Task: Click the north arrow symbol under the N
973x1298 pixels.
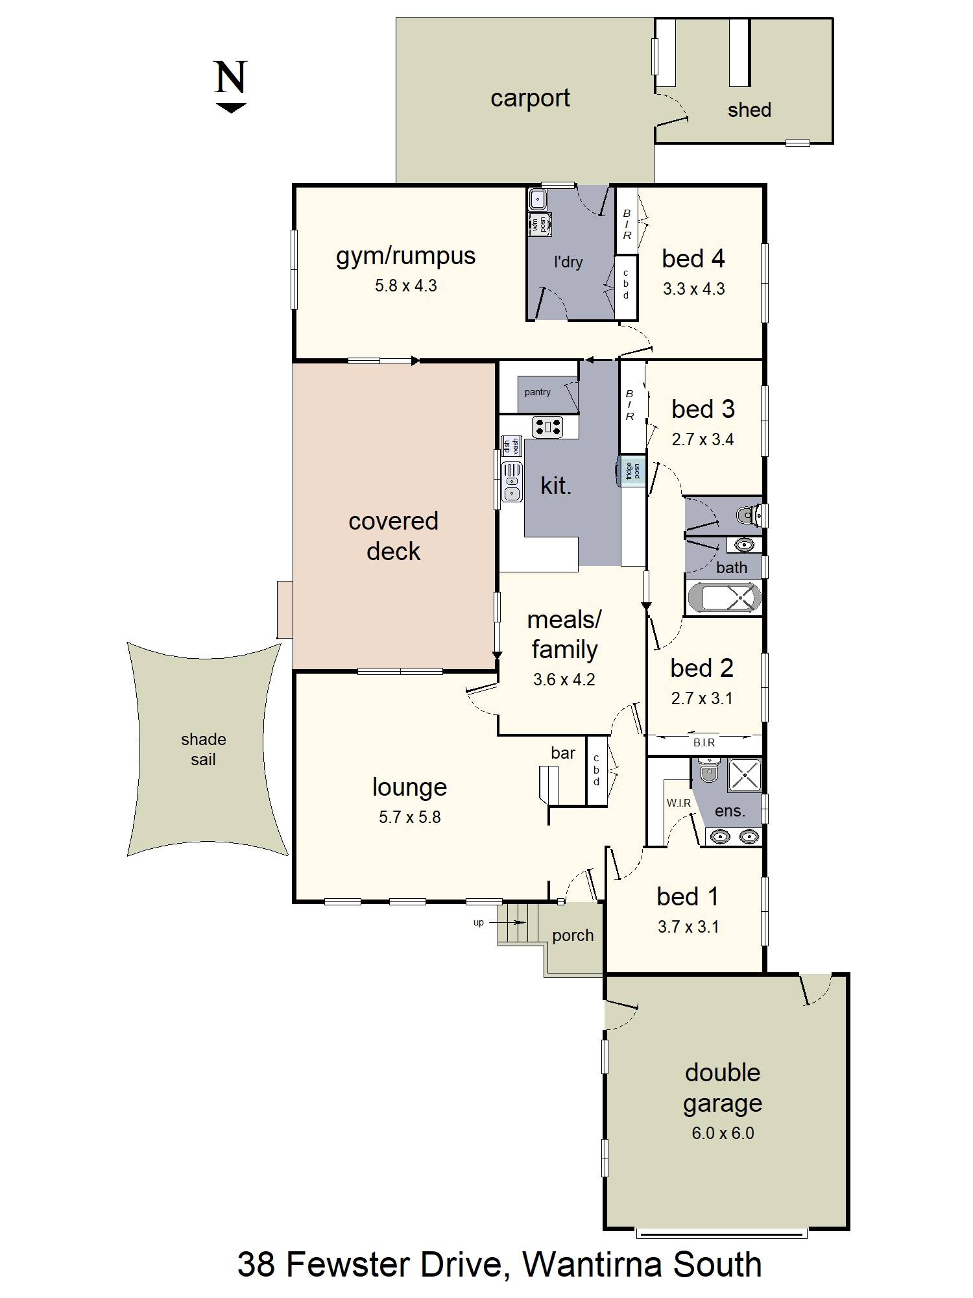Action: click(x=230, y=108)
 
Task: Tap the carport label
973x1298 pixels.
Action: click(x=530, y=98)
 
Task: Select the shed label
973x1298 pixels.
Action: click(x=749, y=110)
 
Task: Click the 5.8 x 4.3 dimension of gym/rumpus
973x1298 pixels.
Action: click(x=405, y=286)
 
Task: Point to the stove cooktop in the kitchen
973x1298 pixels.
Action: click(x=547, y=426)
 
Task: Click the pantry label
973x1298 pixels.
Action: click(x=537, y=392)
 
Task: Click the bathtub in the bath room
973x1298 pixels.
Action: click(x=724, y=598)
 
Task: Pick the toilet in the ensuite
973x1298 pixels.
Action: click(x=709, y=772)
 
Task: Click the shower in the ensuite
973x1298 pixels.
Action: click(x=745, y=774)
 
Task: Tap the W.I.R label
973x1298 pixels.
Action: click(x=679, y=803)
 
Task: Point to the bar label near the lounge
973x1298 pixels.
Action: click(x=562, y=753)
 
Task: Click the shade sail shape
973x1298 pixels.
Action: click(x=204, y=750)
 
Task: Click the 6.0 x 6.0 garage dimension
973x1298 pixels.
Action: click(x=723, y=1133)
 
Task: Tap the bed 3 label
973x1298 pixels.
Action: click(x=703, y=410)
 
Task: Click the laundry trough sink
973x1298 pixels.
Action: click(x=538, y=198)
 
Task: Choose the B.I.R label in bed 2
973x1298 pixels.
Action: click(x=704, y=742)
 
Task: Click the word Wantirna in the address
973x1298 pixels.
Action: click(x=592, y=1264)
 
